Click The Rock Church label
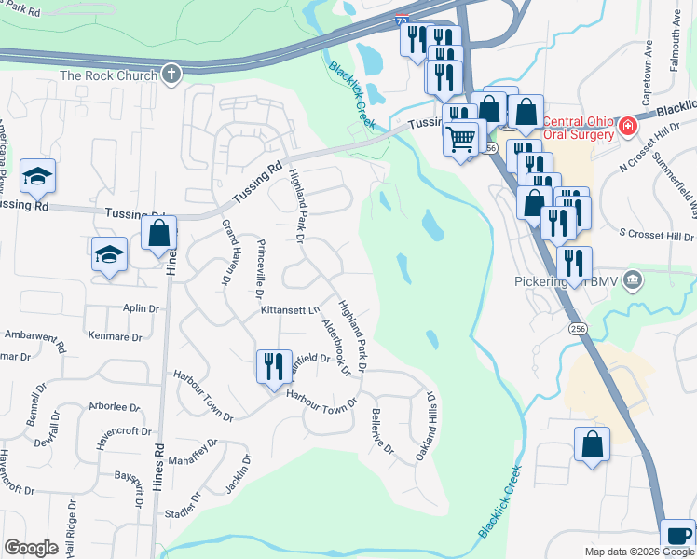pyautogui.click(x=108, y=75)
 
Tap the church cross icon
pyautogui.click(x=171, y=74)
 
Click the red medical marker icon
pyautogui.click(x=629, y=125)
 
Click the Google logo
pyautogui.click(x=31, y=547)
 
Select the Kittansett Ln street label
pyautogui.click(x=291, y=309)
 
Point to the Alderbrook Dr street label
pyautogui.click(x=335, y=347)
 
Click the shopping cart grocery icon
pyautogui.click(x=461, y=140)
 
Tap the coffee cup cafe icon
pyautogui.click(x=676, y=536)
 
